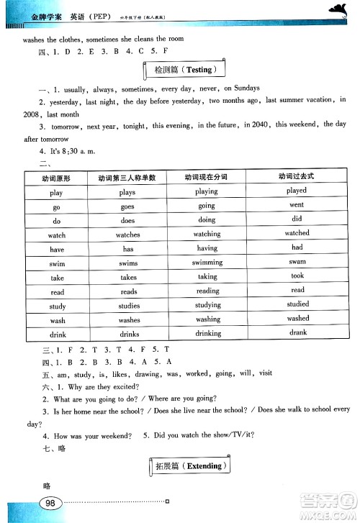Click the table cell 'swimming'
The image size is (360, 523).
click(x=207, y=263)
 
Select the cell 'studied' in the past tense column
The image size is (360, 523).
click(x=297, y=304)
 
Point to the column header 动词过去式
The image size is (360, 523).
click(x=297, y=177)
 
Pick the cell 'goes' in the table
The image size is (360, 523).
click(x=128, y=206)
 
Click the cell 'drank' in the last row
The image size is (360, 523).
click(x=297, y=332)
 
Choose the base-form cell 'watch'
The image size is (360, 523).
click(x=57, y=235)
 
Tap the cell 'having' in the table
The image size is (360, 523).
click(x=207, y=248)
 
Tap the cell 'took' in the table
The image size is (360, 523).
click(x=297, y=276)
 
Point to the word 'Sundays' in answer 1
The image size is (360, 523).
click(x=259, y=88)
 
